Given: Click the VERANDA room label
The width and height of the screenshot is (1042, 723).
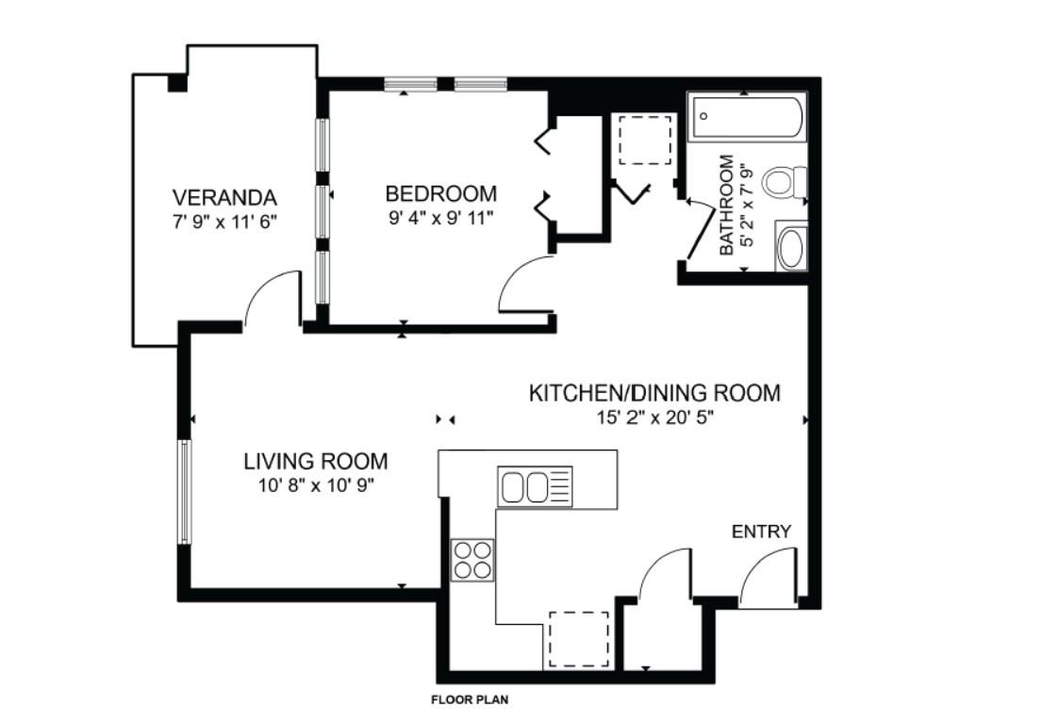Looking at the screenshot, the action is (x=224, y=197).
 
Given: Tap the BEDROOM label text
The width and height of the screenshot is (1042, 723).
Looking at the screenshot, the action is (x=440, y=193).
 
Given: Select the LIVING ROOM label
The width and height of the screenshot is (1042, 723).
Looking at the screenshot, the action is (x=316, y=461).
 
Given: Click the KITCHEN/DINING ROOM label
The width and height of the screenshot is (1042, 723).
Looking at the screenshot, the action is (x=654, y=393).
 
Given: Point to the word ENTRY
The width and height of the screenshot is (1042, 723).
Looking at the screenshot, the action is (x=762, y=532).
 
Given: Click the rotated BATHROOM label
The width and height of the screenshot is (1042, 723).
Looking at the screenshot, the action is (x=727, y=205).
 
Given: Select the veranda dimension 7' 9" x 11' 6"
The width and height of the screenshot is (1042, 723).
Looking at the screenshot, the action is (x=224, y=222).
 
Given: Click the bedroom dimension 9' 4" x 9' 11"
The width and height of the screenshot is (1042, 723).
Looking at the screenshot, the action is (x=440, y=218).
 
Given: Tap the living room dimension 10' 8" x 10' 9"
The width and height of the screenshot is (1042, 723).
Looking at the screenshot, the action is (x=316, y=485).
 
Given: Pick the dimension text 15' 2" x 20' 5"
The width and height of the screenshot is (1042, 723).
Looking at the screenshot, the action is (x=654, y=418).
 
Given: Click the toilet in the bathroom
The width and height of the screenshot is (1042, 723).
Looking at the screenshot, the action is (x=785, y=182).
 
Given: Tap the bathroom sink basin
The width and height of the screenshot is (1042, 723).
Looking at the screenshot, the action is (x=791, y=247).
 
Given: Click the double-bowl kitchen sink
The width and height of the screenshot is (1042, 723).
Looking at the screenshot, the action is (x=535, y=486).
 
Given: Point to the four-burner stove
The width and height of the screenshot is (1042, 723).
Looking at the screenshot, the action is (x=472, y=560).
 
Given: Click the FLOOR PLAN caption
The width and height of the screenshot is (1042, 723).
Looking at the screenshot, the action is (x=470, y=699).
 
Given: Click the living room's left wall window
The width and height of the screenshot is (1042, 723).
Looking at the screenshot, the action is (x=184, y=491).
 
